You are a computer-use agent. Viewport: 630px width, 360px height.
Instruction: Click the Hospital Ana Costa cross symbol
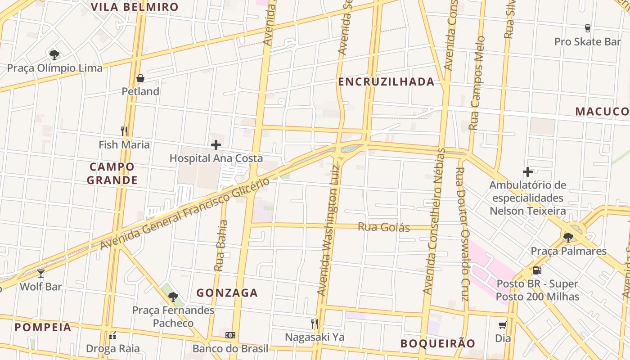[216, 145]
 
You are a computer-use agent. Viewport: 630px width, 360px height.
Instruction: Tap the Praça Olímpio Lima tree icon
[54, 55]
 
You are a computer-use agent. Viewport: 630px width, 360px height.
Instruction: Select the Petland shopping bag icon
[140, 78]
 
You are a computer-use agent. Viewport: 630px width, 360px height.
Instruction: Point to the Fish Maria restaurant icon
[125, 131]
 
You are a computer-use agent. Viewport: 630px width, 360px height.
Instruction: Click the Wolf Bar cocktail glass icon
[41, 273]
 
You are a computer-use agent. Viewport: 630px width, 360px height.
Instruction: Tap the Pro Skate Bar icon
[587, 28]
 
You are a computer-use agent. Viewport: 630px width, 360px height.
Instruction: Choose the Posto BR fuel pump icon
[537, 270]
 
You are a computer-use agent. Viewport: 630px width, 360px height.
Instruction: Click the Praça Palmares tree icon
[568, 237]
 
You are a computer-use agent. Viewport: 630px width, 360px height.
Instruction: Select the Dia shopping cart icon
[503, 324]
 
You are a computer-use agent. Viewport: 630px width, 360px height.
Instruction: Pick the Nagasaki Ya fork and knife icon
[315, 324]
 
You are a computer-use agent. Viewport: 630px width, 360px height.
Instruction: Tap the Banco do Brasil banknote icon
[230, 335]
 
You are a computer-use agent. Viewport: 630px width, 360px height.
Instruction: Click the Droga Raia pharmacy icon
[113, 335]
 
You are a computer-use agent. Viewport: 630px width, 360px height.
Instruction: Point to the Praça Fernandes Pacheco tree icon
[173, 297]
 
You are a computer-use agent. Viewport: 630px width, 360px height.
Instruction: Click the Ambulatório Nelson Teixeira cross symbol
[528, 171]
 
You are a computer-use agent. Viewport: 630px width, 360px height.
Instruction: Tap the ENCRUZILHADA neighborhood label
[386, 82]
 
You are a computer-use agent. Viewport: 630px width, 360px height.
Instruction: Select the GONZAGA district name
[227, 293]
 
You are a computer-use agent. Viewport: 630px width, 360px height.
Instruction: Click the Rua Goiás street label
[384, 227]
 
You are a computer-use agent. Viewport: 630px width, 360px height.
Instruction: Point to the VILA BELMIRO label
[135, 7]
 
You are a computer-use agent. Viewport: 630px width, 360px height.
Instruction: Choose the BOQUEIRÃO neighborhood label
[437, 344]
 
